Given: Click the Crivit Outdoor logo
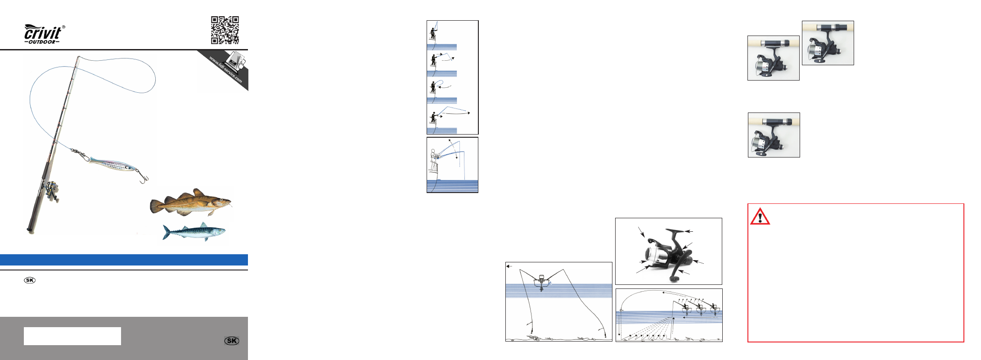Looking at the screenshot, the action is (x=44, y=34).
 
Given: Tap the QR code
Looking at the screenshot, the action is (x=225, y=30).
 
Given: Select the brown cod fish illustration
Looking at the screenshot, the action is (x=191, y=202).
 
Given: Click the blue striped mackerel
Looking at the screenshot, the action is (x=194, y=232).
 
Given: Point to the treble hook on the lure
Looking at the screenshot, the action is (x=143, y=177).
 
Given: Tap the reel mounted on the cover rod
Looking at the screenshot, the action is (x=51, y=190).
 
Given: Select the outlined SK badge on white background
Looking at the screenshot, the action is (x=30, y=280).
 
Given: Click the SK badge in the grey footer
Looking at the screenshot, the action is (x=232, y=341).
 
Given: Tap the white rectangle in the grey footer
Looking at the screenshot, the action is (x=72, y=336).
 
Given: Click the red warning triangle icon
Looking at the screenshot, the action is (x=760, y=216).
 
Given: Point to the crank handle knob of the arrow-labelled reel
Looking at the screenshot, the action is (x=674, y=279).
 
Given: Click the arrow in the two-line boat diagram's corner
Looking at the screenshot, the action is (x=509, y=266).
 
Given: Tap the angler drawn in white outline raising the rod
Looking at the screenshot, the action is (x=434, y=160).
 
